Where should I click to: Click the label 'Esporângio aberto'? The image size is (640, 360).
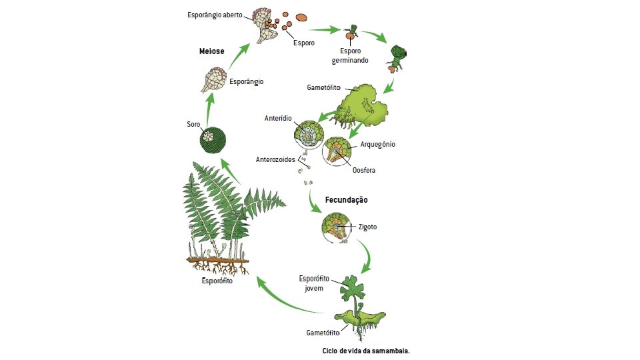point(214,14)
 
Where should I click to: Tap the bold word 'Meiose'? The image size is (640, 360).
point(211,51)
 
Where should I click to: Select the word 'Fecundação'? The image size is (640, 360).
point(346,199)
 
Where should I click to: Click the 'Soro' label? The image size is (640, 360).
point(193,124)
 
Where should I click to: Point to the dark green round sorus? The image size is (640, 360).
point(213,140)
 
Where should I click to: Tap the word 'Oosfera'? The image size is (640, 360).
point(363,170)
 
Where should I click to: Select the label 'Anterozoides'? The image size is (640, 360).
point(276,160)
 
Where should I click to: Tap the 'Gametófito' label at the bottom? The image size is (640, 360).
point(323,331)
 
